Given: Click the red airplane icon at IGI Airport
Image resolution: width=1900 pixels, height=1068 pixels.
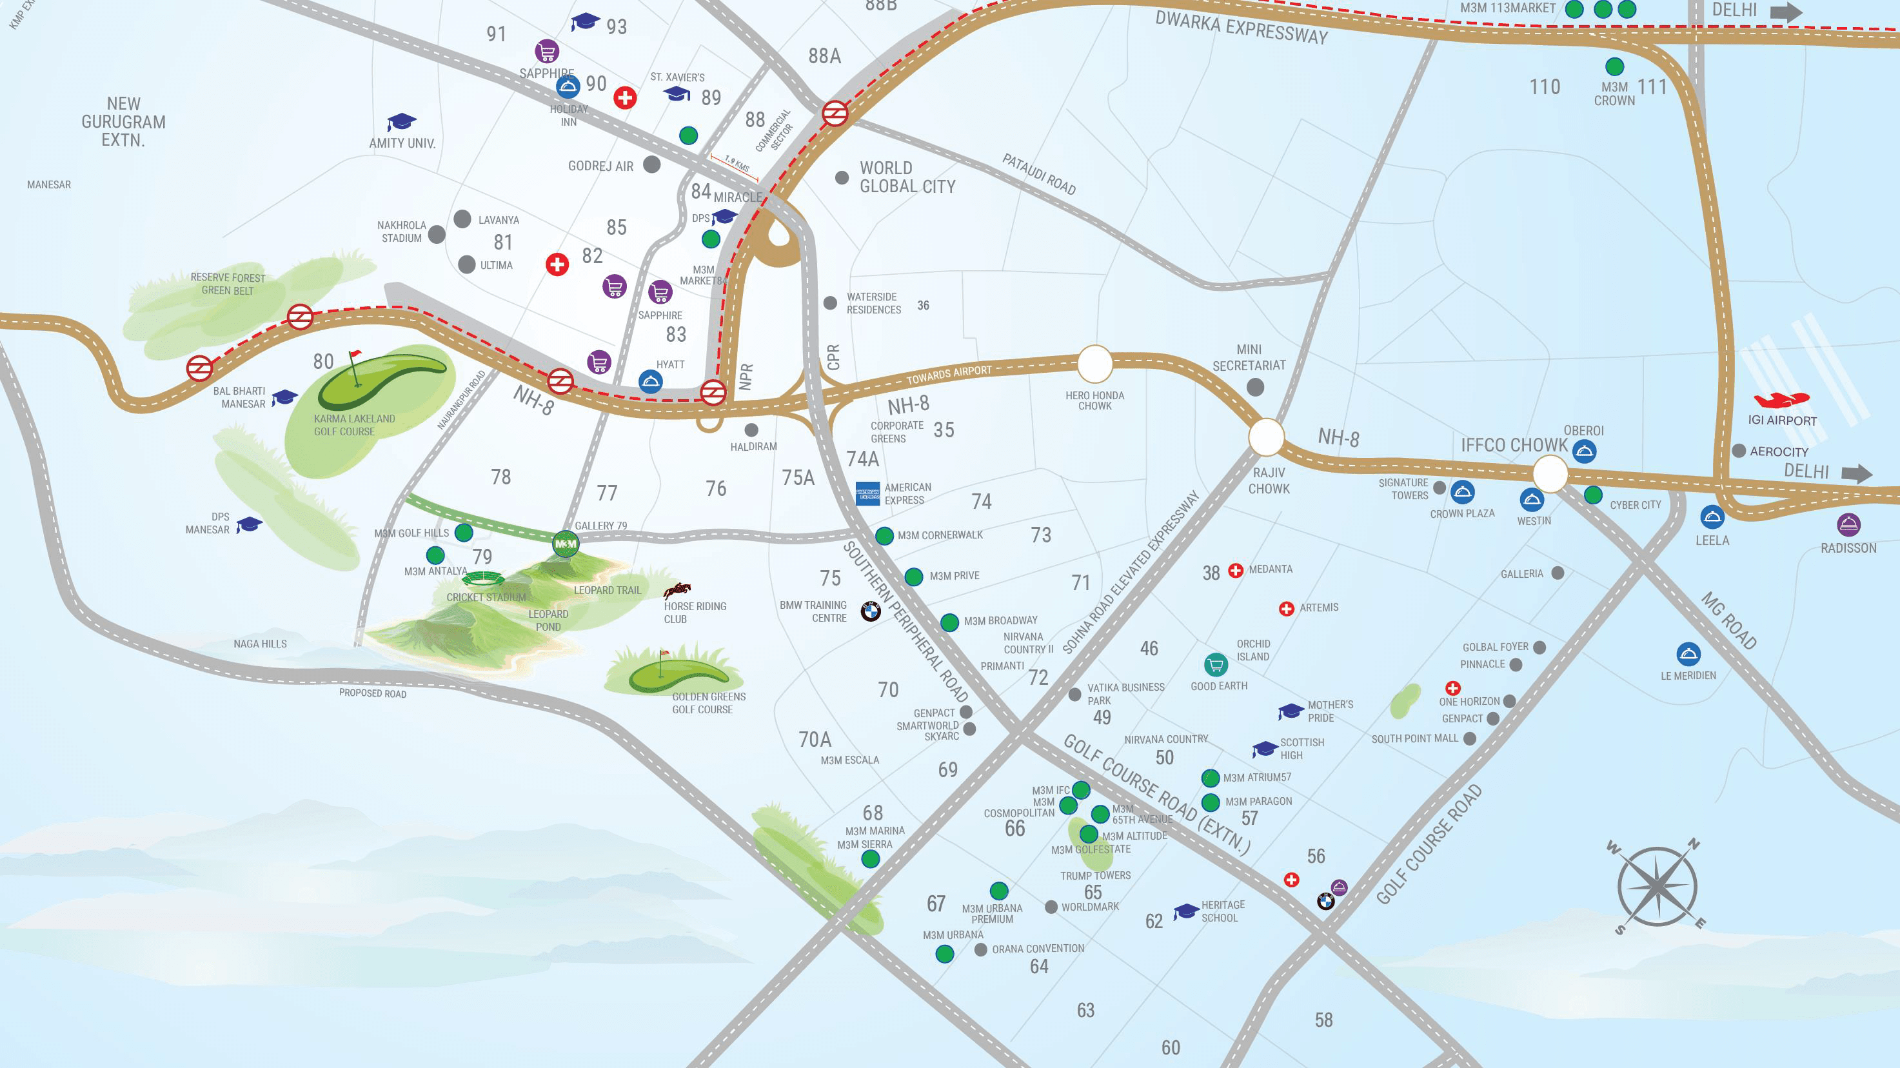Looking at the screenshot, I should (x=1781, y=400).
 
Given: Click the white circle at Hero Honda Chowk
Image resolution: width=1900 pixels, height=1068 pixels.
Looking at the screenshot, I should (x=1094, y=363).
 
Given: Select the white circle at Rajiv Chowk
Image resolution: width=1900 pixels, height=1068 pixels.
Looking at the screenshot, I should (x=1267, y=437).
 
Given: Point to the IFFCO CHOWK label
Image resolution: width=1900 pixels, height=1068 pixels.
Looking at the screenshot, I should (x=1514, y=446).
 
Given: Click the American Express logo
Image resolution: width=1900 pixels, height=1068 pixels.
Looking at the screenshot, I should (x=868, y=493).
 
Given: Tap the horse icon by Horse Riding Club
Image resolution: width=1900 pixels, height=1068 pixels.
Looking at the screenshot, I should (x=677, y=590).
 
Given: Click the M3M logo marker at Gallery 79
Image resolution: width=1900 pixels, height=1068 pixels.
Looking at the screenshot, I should (x=566, y=544).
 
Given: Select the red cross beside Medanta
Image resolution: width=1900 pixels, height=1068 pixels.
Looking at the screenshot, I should (x=1236, y=570).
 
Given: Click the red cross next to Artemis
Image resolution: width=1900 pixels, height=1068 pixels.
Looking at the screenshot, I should (x=1286, y=609).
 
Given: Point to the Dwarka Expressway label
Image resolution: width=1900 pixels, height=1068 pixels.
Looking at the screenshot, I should (x=1241, y=28).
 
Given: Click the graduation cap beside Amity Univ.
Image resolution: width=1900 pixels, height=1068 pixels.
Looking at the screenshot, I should (x=401, y=123).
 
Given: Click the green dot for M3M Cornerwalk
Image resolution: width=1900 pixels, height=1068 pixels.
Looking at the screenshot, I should (x=884, y=536).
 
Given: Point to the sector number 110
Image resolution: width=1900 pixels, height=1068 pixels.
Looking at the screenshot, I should (x=1545, y=87).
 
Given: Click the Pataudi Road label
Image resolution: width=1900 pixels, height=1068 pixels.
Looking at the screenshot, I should (x=1038, y=174).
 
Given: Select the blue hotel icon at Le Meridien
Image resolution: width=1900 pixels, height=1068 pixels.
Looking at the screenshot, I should (x=1688, y=654).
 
